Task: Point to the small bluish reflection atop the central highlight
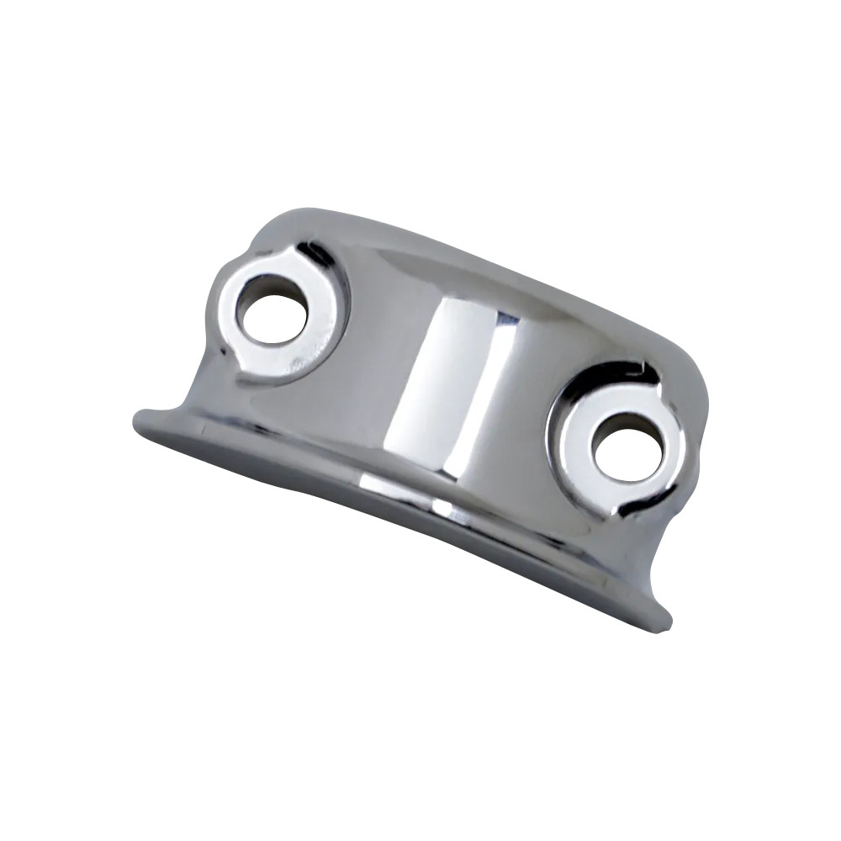[x=505, y=320]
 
